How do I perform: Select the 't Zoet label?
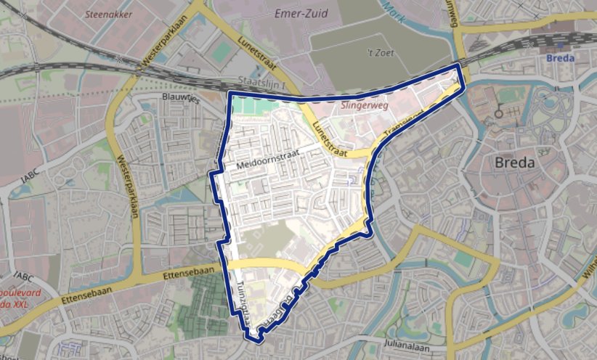tap(379, 52)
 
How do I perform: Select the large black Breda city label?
tap(514, 163)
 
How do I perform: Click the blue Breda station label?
tap(559, 57)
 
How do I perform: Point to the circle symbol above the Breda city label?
tap(498, 115)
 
